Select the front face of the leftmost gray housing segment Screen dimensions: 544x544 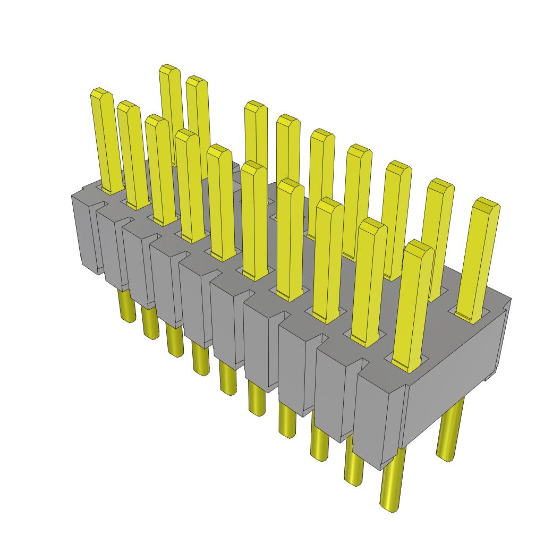[x=86, y=234]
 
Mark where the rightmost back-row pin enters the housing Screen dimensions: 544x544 [x=469, y=317]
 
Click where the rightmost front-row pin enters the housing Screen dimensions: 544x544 [x=406, y=365]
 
